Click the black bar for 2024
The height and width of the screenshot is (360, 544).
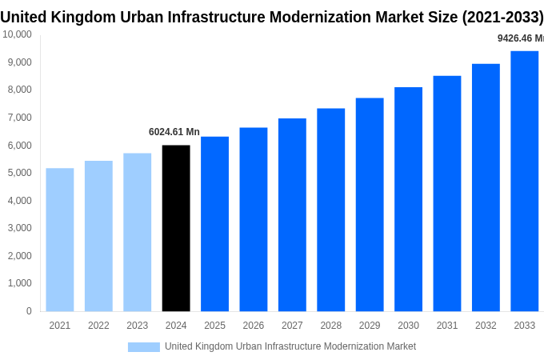tap(176, 228)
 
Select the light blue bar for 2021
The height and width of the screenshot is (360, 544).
tap(60, 239)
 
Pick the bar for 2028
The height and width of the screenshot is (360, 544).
tap(331, 210)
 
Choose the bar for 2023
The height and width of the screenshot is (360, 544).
tap(138, 232)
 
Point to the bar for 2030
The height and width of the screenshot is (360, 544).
tap(408, 199)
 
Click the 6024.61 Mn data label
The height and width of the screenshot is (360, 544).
tap(174, 132)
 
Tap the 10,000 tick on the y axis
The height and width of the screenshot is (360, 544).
tap(17, 34)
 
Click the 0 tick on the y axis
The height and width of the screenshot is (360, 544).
tap(29, 311)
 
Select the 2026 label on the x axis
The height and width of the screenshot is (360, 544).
tap(254, 326)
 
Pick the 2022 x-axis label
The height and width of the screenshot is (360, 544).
tap(98, 326)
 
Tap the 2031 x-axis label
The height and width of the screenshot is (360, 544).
tap(447, 326)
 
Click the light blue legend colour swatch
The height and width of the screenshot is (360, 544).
tap(144, 347)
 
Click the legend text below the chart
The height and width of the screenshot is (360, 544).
tap(290, 346)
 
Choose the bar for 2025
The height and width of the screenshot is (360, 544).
tap(214, 224)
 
